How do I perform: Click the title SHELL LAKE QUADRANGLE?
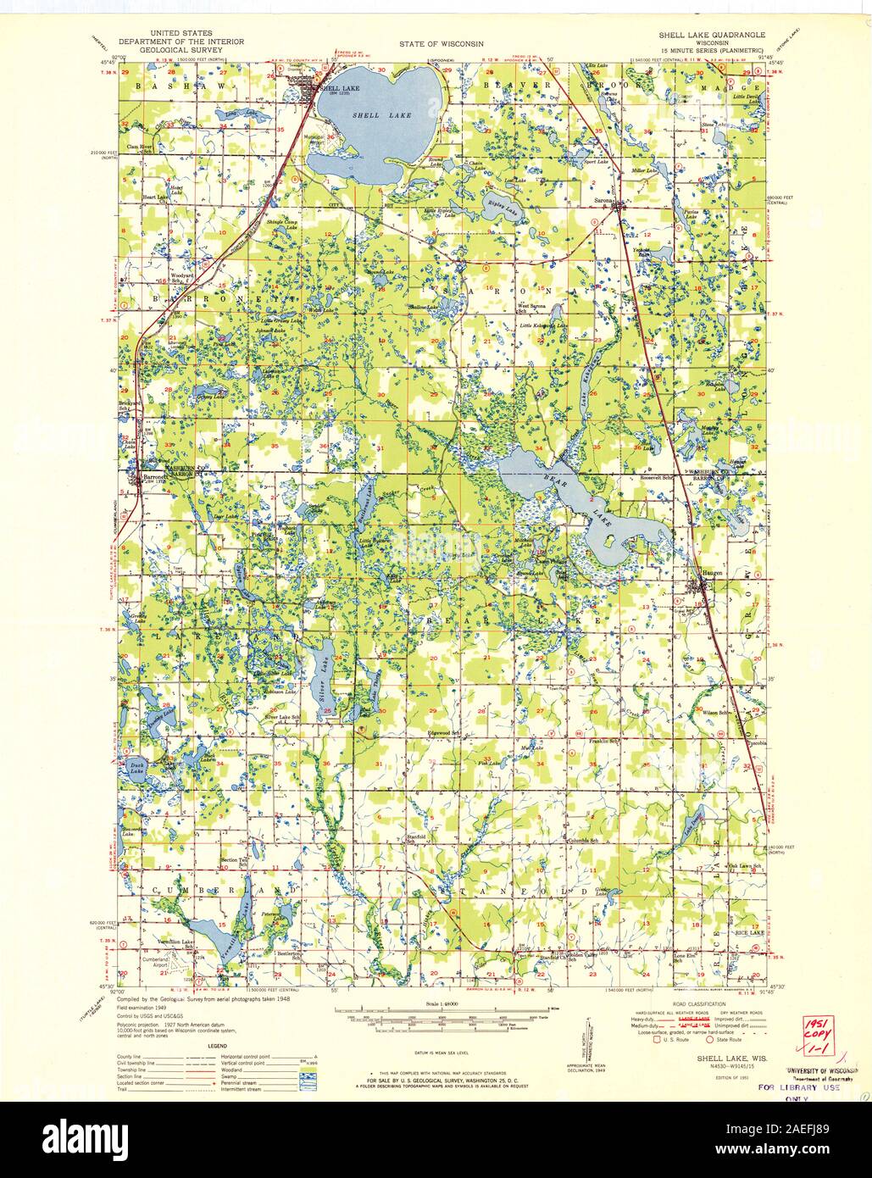tap(712, 36)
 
